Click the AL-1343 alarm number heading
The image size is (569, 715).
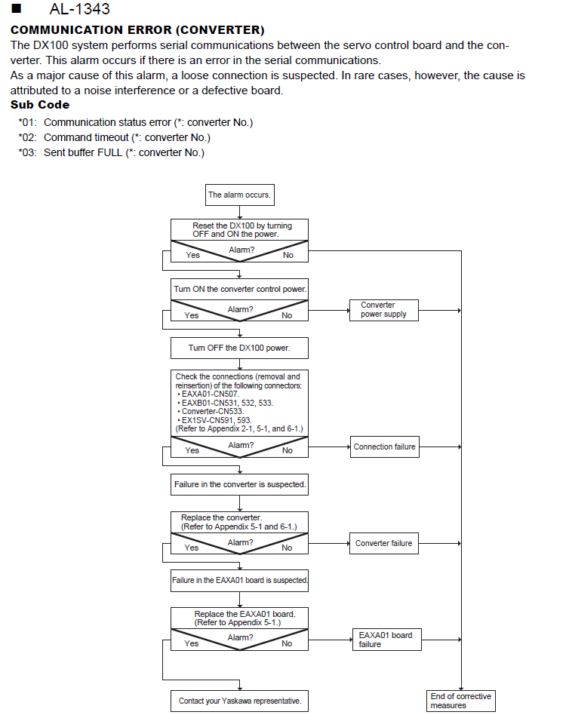click(79, 8)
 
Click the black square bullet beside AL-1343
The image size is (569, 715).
click(17, 8)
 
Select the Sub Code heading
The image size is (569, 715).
click(40, 105)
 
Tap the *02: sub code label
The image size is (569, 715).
click(28, 138)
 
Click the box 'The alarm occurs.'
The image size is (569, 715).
click(239, 195)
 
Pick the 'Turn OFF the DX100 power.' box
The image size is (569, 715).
click(239, 348)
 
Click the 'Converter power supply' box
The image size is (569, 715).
click(384, 310)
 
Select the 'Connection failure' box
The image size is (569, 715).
click(384, 446)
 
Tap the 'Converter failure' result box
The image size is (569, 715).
click(384, 543)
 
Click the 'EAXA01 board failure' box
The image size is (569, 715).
click(386, 640)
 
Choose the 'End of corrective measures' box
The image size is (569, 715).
click(461, 701)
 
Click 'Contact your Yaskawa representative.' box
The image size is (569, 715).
click(239, 701)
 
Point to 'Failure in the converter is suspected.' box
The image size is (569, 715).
click(239, 484)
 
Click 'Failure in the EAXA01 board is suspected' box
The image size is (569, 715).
click(239, 581)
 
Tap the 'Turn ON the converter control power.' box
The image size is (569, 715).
click(239, 289)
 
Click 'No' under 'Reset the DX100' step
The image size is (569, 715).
click(288, 256)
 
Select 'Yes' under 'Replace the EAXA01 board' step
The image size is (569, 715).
click(191, 643)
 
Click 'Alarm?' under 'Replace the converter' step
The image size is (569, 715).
click(241, 542)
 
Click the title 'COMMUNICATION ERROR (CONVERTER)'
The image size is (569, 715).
click(137, 30)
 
